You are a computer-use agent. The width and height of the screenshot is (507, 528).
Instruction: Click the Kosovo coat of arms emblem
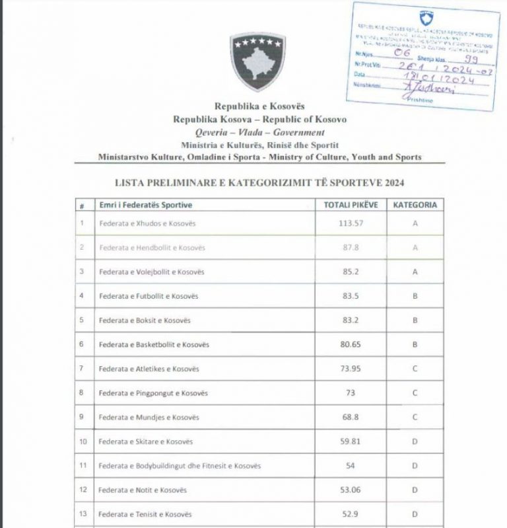[x=257, y=62]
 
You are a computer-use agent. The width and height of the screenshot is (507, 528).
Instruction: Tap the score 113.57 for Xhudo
[x=351, y=223]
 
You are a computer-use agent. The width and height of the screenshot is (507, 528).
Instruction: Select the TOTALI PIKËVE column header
[x=351, y=205]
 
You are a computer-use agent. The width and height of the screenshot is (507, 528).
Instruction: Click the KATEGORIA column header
[x=415, y=205]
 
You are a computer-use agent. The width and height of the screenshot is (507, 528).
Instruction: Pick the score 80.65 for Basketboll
[x=351, y=344]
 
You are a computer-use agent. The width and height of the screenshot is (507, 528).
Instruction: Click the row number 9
[x=81, y=418]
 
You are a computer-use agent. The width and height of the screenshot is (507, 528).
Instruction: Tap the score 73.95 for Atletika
[x=351, y=369]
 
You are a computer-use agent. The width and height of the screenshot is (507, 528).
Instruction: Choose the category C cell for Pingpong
[x=415, y=393]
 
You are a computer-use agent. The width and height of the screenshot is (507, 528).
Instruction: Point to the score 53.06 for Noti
[x=351, y=490]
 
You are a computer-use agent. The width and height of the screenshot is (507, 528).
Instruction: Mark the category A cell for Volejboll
[x=415, y=272]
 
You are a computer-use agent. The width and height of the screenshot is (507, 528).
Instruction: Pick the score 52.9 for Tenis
[x=351, y=514]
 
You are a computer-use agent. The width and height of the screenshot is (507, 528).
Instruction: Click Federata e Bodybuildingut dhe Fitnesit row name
[x=179, y=466]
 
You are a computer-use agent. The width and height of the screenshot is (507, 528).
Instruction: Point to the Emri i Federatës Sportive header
[x=146, y=205]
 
